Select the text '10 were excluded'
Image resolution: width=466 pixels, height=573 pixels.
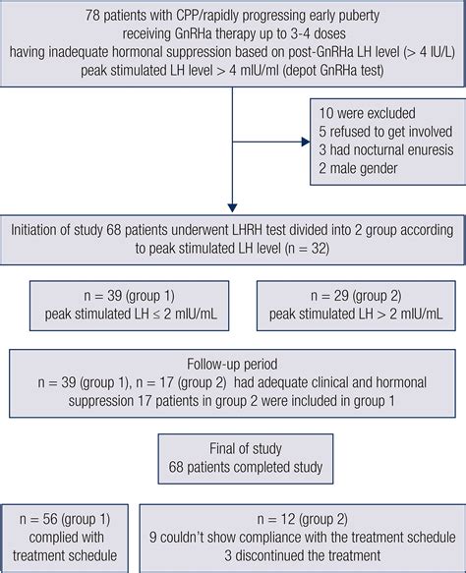click(x=364, y=113)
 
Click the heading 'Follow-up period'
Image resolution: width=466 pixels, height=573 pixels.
click(x=233, y=358)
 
